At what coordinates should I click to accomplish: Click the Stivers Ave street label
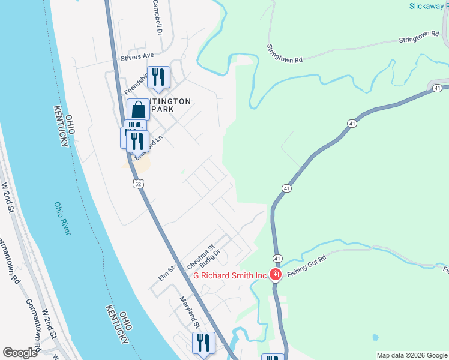137,56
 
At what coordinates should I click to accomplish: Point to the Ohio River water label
62,219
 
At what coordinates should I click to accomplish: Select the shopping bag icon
139,110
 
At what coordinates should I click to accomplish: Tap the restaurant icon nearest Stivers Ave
158,77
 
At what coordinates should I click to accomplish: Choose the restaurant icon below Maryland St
203,343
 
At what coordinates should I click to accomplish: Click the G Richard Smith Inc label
229,276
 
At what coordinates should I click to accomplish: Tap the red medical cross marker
276,275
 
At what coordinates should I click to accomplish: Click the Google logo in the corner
20,353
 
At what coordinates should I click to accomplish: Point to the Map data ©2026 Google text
412,355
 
